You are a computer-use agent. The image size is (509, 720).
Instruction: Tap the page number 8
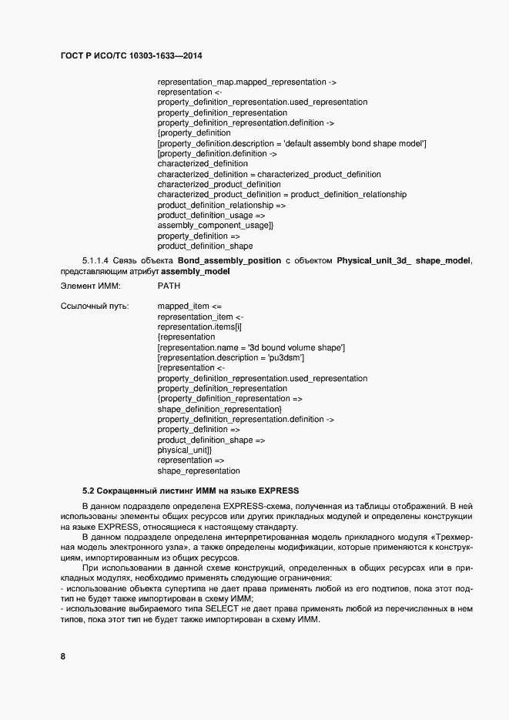(x=63, y=656)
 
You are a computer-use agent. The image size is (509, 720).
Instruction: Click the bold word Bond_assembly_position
(x=223, y=261)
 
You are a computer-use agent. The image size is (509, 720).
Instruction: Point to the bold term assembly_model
(x=196, y=271)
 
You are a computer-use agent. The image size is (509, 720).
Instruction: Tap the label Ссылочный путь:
(x=94, y=306)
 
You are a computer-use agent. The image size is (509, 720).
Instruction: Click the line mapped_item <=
(x=189, y=306)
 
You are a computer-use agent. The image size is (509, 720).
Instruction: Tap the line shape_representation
(x=198, y=471)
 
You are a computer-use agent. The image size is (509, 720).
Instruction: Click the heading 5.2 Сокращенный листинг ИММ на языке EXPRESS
(x=190, y=491)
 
